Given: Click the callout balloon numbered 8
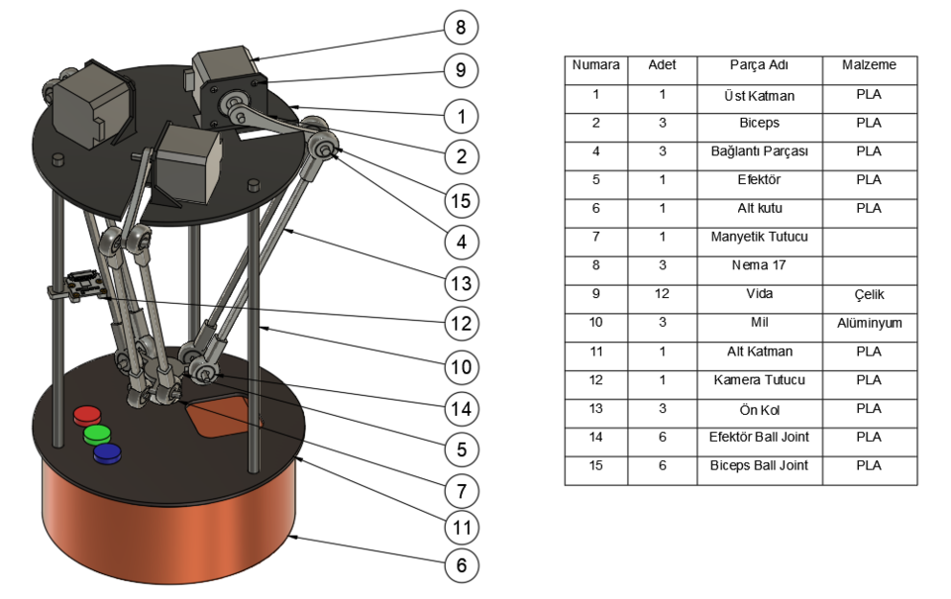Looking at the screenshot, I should click(461, 27).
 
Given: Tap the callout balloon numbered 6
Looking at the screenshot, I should click(461, 565).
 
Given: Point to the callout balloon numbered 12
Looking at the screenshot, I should click(461, 323).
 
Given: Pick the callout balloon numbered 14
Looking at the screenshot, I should click(461, 407).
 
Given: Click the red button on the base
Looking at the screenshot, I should click(87, 415).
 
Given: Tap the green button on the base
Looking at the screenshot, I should click(96, 434).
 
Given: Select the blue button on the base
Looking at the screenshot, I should click(106, 452).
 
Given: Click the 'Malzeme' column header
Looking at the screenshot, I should click(869, 65).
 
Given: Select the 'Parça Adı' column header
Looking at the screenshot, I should click(759, 65).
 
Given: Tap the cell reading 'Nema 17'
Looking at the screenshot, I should click(759, 265).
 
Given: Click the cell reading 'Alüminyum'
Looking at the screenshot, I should click(869, 323).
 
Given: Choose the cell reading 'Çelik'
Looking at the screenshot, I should click(869, 294).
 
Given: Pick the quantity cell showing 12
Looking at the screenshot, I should click(662, 294).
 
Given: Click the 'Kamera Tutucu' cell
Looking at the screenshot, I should click(759, 380).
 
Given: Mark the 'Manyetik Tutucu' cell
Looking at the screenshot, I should click(759, 237).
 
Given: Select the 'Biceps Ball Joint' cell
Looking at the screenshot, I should click(759, 465).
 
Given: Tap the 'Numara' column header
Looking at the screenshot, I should click(595, 65).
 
